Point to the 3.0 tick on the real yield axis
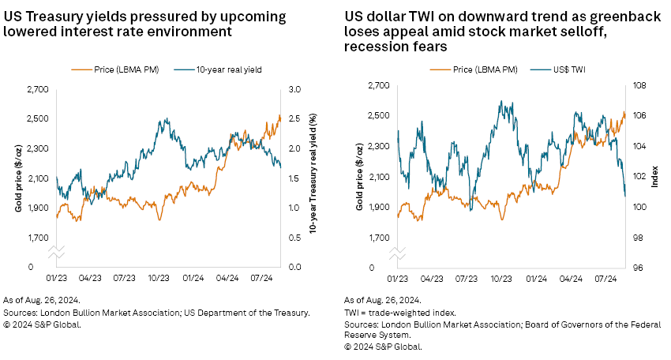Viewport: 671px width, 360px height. click(298, 89)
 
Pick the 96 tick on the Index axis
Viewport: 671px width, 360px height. click(637, 268)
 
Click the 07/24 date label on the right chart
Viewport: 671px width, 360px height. click(606, 279)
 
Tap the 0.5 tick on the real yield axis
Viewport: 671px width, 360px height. click(298, 238)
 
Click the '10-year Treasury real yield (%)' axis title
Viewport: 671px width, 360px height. click(313, 178)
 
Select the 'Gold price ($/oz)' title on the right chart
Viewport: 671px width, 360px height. click(360, 177)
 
